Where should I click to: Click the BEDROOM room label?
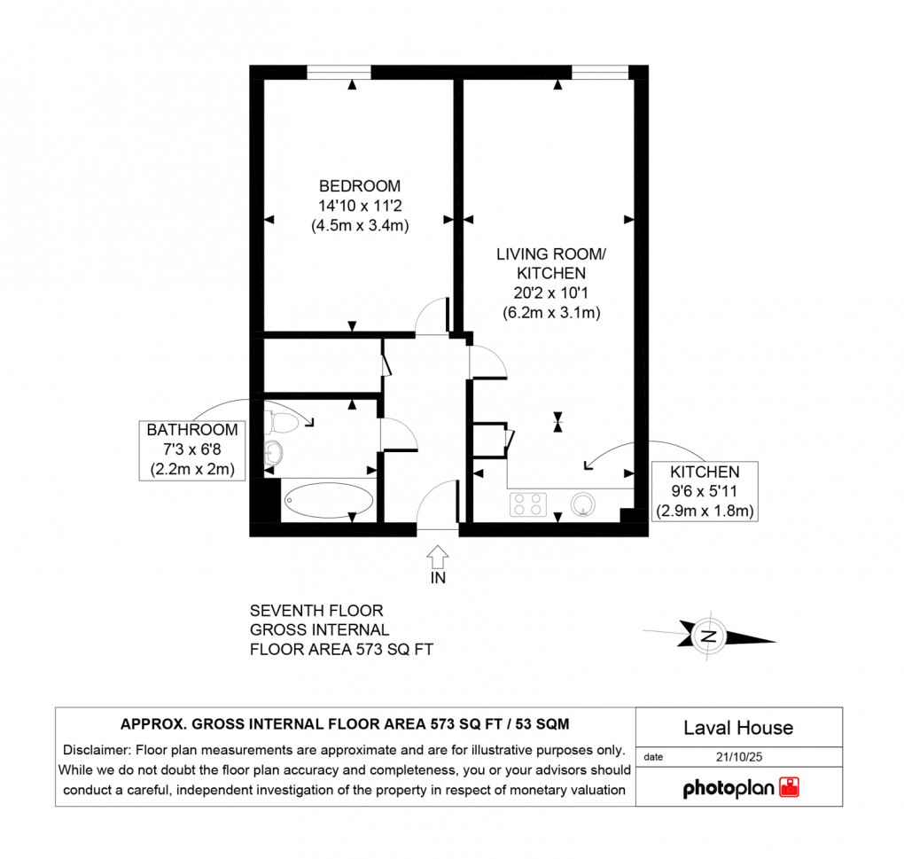(360, 186)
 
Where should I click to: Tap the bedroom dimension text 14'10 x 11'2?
(360, 206)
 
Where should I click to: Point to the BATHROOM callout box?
(192, 449)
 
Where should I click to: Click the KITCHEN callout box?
(705, 491)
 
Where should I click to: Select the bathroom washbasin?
(273, 454)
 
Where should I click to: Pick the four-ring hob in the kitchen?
(528, 504)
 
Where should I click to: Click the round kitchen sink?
(583, 504)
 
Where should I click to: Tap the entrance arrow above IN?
(438, 557)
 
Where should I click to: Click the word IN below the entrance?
(438, 579)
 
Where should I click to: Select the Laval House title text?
(738, 728)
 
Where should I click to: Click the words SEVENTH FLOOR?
(316, 611)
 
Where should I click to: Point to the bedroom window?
(339, 72)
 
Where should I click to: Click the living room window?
(601, 72)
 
